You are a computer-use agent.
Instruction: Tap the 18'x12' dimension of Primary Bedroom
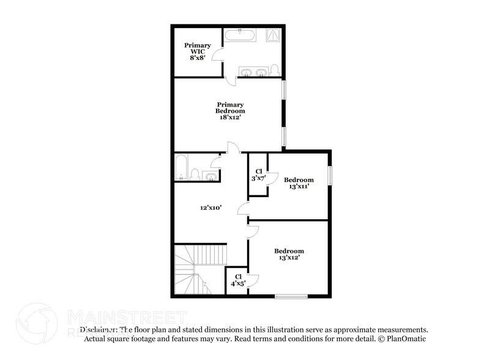click(230, 118)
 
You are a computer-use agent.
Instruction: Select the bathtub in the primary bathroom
click(239, 36)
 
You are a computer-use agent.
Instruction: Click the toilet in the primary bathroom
click(275, 70)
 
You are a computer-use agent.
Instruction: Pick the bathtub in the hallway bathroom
click(181, 167)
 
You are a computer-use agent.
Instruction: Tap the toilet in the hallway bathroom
click(195, 174)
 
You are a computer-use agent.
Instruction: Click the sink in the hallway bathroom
click(209, 176)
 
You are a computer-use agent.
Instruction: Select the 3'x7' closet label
click(258, 174)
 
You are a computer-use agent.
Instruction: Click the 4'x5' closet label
click(237, 280)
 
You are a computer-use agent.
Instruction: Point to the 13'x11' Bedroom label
click(299, 183)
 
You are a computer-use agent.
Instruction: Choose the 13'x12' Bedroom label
click(289, 254)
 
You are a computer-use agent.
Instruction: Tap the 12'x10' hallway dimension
click(210, 208)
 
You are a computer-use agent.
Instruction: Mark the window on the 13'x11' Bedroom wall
click(330, 175)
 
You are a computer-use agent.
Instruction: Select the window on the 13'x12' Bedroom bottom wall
click(291, 296)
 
